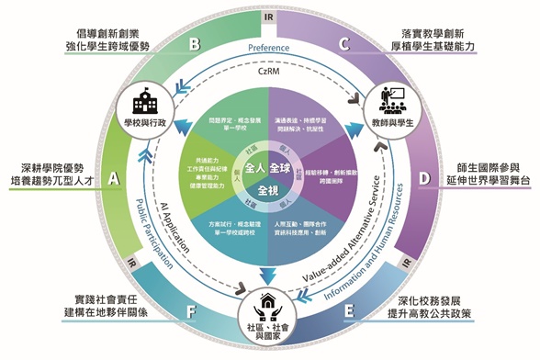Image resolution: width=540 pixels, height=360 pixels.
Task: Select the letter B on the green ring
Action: click(x=194, y=43)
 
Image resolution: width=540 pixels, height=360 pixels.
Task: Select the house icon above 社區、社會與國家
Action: click(x=270, y=302)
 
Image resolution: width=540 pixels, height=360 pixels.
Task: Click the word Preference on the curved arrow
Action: click(x=269, y=48)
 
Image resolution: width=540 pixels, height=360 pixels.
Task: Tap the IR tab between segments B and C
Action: click(x=269, y=17)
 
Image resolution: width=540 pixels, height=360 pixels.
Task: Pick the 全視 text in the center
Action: click(x=268, y=191)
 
